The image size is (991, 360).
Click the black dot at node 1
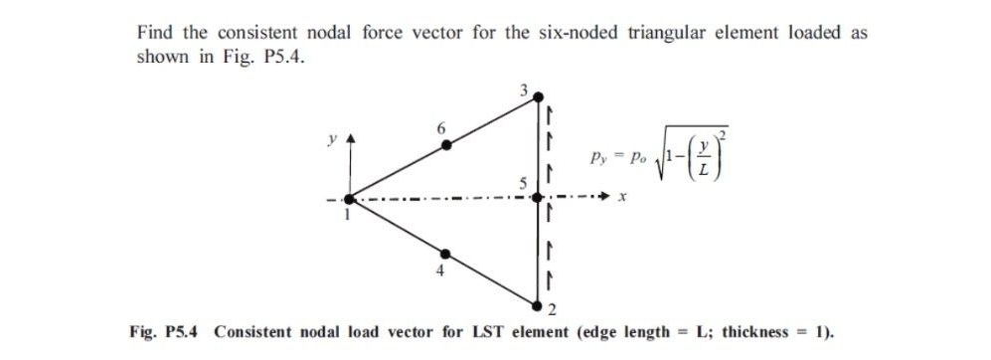350,200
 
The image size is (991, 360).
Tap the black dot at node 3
538,97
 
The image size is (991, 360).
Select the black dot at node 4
445,252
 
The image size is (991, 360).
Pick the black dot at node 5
538,198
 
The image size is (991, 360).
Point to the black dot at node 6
446,145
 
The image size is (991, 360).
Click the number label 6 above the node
442,127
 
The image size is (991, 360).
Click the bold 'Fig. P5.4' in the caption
165,329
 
